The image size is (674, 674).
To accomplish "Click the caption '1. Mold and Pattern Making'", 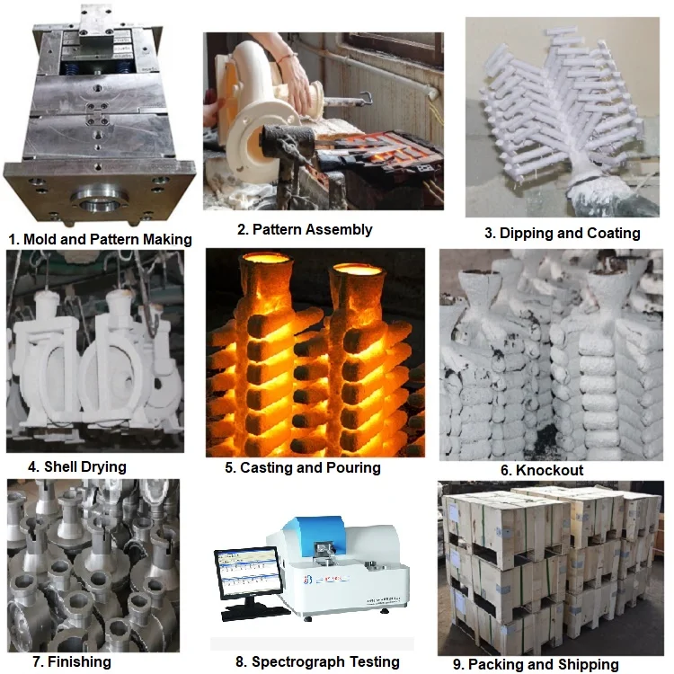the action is click(x=100, y=239).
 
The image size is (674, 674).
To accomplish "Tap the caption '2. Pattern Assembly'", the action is click(x=305, y=229).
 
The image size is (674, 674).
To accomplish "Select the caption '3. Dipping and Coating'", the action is click(x=563, y=233).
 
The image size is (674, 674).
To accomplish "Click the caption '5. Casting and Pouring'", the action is click(x=303, y=467).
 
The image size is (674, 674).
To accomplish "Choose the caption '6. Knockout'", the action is click(x=542, y=470).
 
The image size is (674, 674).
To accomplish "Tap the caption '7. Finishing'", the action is click(x=59, y=661).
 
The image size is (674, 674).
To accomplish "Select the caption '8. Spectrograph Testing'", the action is click(x=317, y=661).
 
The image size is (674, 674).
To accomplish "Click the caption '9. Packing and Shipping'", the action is click(x=537, y=664).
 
